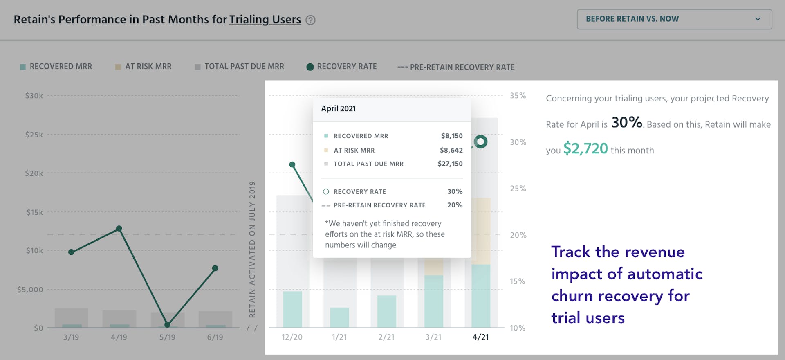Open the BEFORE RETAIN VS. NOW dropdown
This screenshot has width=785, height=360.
click(674, 19)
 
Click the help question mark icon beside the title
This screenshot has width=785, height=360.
click(311, 20)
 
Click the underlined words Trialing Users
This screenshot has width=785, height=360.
click(265, 20)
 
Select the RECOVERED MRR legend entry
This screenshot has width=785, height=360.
click(56, 67)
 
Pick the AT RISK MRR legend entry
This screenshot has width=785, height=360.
click(144, 67)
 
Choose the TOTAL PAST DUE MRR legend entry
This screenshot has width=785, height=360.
click(240, 67)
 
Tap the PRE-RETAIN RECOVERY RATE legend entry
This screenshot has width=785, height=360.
click(456, 67)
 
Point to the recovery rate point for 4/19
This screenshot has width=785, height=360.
click(119, 229)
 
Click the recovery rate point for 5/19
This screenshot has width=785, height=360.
click(167, 325)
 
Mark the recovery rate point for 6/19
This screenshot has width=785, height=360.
click(215, 268)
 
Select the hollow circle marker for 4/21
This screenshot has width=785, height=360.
click(481, 142)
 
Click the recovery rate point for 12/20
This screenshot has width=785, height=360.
click(292, 165)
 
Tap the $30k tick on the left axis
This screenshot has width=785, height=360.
click(34, 96)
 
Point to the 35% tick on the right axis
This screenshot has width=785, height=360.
click(518, 96)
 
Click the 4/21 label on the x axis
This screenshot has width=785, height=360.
click(480, 337)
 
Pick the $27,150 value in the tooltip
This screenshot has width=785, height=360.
click(450, 164)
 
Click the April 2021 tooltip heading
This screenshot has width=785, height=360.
click(339, 109)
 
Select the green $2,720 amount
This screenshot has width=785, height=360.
click(585, 148)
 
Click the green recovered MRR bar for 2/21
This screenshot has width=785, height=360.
click(386, 311)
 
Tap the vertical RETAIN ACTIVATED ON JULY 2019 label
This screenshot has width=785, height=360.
click(252, 250)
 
